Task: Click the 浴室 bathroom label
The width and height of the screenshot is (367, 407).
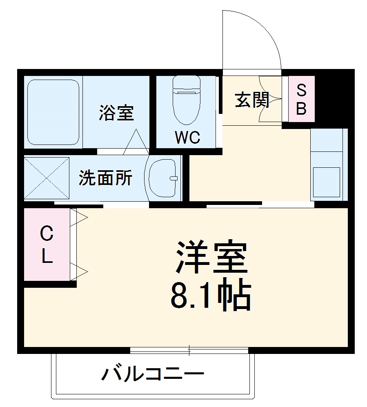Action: pos(116,113)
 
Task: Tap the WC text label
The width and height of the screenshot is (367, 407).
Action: pos(187,138)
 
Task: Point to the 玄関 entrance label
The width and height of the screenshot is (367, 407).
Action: pos(252,100)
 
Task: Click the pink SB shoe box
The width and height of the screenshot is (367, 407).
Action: pos(301,99)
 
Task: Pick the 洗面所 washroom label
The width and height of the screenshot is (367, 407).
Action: pos(105,178)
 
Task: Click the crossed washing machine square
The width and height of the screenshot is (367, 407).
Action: pos(46,178)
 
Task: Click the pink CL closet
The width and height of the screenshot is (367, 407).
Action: pos(47,245)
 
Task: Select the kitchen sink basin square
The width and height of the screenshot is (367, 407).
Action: pos(326,180)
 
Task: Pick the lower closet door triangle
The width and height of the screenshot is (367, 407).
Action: pos(79,271)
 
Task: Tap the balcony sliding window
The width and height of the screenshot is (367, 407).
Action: pos(189,350)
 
